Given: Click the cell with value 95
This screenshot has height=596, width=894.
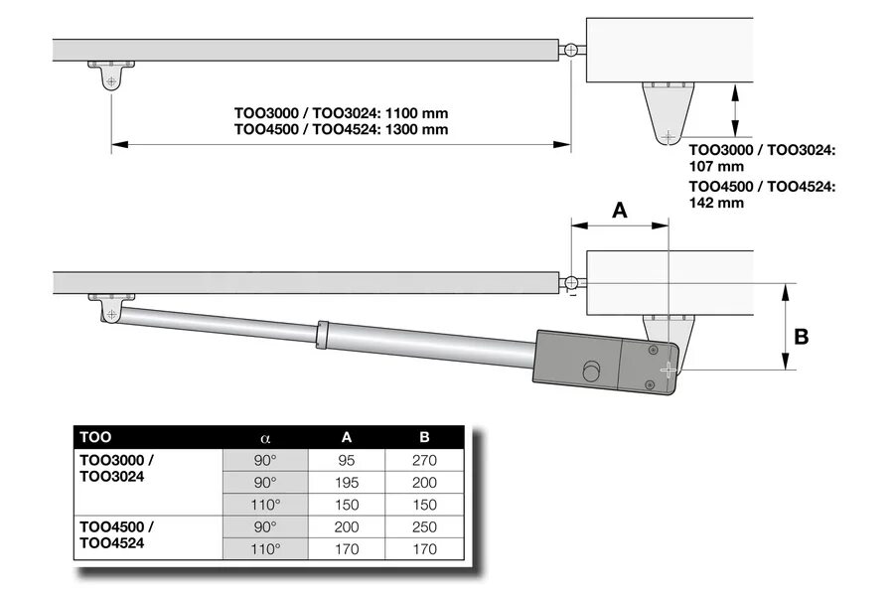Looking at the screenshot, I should pos(347,461).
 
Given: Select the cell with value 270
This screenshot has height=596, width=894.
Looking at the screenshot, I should pos(425,461).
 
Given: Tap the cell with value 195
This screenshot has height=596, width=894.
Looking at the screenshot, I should pos(347,483).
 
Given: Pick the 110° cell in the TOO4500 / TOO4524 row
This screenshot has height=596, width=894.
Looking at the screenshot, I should pos(265,548).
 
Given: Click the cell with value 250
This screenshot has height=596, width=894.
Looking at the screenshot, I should pos(425,526).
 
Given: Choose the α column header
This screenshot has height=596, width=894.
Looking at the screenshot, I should pos(265,437).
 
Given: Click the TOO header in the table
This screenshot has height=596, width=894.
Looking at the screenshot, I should pos(95,437).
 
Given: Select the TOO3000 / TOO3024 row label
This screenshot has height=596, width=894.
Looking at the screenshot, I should pos(116,468).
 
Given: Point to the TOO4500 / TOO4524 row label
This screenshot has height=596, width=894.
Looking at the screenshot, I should pos(116,533).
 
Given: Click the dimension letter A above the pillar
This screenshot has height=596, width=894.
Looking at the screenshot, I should pos(619,211).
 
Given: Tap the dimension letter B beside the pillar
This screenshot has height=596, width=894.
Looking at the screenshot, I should pos(801,337).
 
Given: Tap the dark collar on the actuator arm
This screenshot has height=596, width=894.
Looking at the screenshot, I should pos(322,335).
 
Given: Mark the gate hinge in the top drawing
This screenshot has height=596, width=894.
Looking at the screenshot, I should pos(571,50).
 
